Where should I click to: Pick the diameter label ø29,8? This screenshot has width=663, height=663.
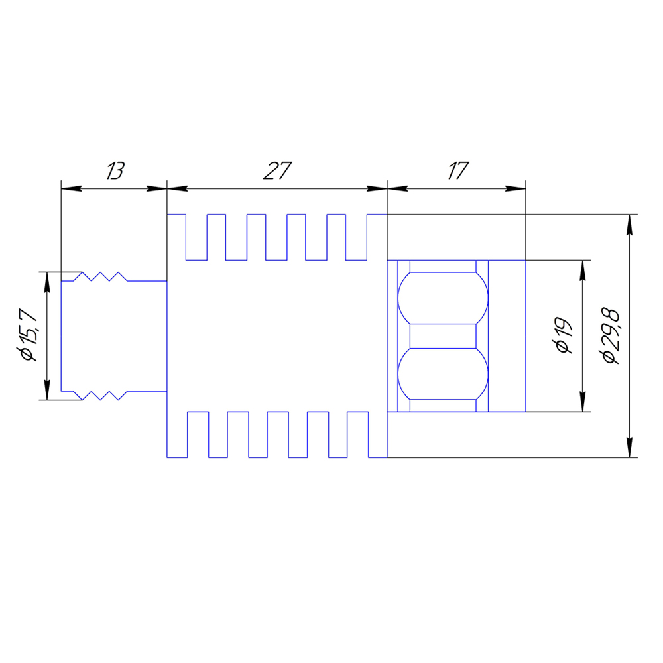[609, 335]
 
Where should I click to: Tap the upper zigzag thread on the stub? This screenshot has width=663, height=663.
[99, 276]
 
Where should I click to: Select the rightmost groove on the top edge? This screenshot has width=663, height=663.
[357, 237]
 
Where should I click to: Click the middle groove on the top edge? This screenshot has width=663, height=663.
[276, 237]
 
